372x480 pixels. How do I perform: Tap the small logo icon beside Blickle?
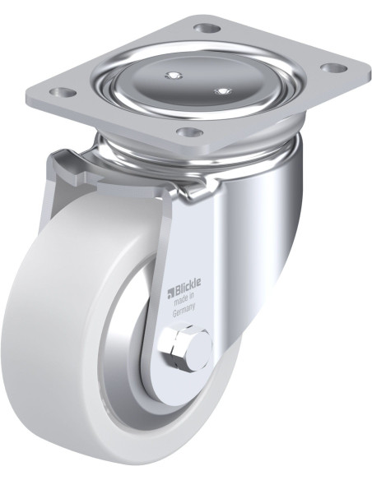pyautogui.click(x=173, y=288)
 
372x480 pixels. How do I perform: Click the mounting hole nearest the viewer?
pyautogui.click(x=188, y=131)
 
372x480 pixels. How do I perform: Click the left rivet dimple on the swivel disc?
pyautogui.click(x=172, y=77)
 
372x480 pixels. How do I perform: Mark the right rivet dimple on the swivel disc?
pyautogui.click(x=221, y=90)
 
